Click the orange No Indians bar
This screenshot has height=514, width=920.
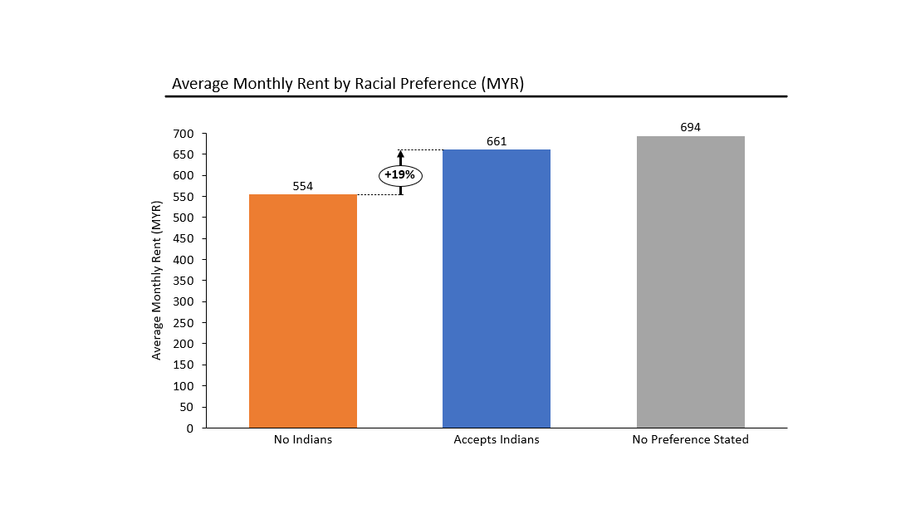(303, 311)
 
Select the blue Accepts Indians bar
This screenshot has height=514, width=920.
(497, 289)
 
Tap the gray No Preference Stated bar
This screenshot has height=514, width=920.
(690, 282)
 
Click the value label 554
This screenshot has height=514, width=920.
(303, 187)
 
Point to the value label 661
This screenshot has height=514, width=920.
(497, 142)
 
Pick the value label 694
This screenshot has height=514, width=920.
(690, 128)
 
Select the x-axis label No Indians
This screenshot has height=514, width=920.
(303, 439)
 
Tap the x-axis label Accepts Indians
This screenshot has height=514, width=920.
(497, 439)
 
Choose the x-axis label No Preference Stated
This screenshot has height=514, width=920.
(690, 439)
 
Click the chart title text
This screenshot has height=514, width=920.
(348, 84)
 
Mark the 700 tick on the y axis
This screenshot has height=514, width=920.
(184, 134)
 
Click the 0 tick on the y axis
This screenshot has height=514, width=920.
(190, 428)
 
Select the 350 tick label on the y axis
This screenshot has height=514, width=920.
(184, 281)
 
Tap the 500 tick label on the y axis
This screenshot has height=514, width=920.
(184, 218)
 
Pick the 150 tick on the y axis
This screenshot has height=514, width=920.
(184, 365)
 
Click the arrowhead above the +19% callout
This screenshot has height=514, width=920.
(400, 154)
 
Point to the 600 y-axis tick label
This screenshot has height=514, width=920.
(184, 176)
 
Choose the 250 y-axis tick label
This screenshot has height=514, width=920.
(184, 323)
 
